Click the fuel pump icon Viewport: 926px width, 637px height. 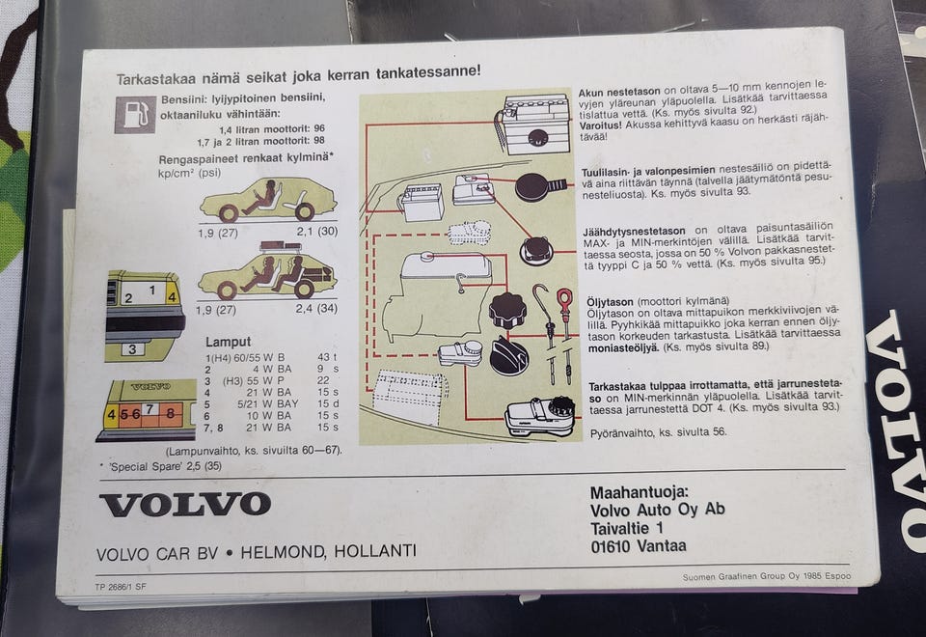click(x=135, y=115)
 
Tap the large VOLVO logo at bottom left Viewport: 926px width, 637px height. click(x=185, y=505)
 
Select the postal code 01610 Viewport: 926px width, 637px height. click(x=610, y=546)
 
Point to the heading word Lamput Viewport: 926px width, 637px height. click(x=228, y=342)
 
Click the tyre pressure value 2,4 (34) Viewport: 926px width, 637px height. click(x=316, y=309)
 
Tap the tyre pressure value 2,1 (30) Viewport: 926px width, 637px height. click(x=317, y=231)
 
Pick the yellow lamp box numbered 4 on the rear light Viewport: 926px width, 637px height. click(x=111, y=415)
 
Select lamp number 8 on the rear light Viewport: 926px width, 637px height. click(x=170, y=412)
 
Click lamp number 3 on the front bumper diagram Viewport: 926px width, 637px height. click(x=132, y=349)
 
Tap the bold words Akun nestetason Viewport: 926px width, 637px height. click(x=619, y=92)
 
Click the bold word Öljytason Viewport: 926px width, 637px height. click(x=610, y=302)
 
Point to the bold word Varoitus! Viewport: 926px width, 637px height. click(x=600, y=125)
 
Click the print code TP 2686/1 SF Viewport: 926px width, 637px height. click(x=120, y=587)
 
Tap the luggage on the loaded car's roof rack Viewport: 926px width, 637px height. click(x=280, y=246)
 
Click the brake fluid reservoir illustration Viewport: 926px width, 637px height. click(x=540, y=417)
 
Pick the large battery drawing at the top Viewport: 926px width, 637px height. click(x=534, y=125)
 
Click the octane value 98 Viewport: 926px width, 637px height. click(x=319, y=141)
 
